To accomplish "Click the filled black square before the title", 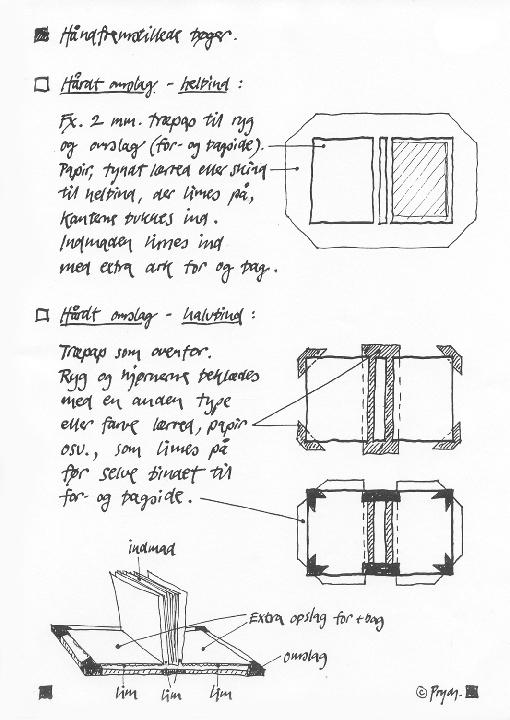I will point(42,36).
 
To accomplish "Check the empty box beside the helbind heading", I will point(42,85).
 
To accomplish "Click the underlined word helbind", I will point(203,85).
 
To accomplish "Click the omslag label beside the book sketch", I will point(305,658).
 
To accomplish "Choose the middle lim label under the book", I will point(171,694).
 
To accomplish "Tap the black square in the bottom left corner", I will point(46,691).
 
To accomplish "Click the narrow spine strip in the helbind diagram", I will point(382,180).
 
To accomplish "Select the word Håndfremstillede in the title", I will point(120,36).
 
